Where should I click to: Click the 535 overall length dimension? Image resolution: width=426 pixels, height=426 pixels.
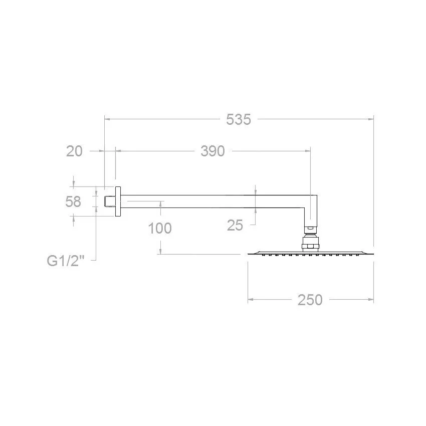point(239,120)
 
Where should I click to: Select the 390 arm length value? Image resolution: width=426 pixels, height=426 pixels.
point(212,151)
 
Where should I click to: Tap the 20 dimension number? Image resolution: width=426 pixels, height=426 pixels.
point(74,151)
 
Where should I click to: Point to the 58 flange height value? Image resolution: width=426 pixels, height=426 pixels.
point(73,201)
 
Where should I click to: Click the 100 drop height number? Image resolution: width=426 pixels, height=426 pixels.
point(160,228)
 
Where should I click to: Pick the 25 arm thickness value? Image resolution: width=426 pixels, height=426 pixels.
point(235,225)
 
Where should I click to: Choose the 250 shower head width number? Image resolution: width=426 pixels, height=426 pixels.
point(310,300)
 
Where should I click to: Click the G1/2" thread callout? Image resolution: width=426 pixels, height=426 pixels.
point(66,261)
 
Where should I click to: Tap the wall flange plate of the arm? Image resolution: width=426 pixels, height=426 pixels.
point(118,201)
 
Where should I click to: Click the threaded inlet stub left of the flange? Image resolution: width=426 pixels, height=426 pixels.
point(110,201)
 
